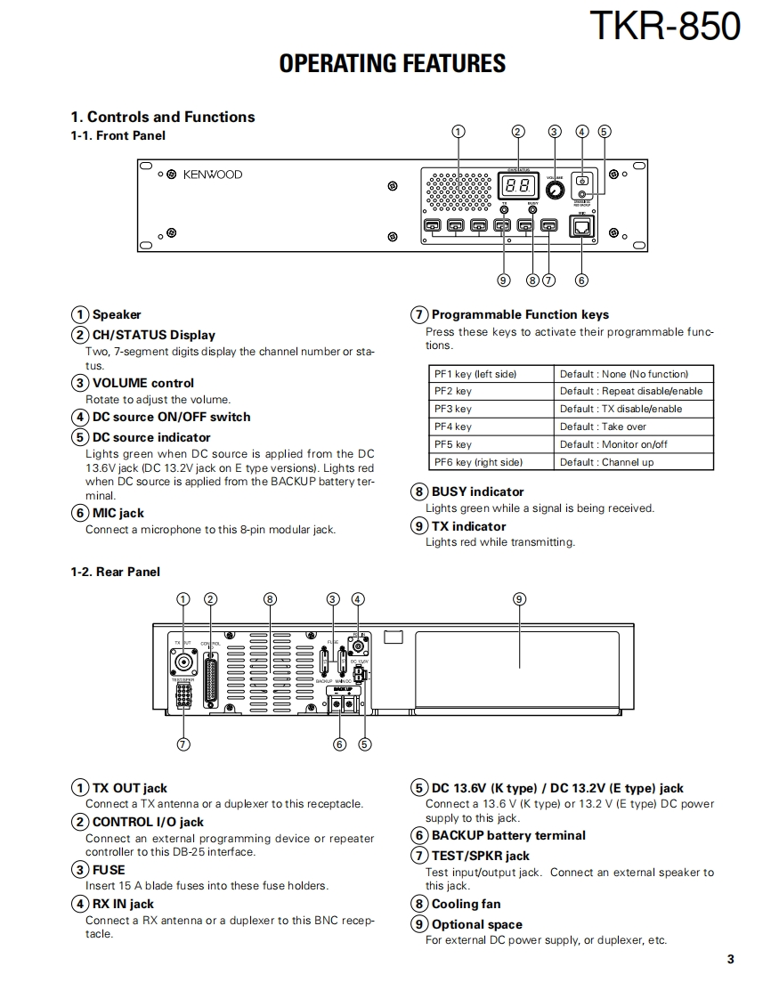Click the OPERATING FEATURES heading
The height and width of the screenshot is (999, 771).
(x=392, y=63)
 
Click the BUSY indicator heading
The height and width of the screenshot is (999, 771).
(x=477, y=491)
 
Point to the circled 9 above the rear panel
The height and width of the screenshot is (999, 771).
(x=519, y=598)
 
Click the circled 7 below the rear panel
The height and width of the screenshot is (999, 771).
(x=183, y=744)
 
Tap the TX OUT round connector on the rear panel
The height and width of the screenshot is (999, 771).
(x=183, y=662)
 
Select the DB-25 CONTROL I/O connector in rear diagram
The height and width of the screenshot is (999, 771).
(x=211, y=682)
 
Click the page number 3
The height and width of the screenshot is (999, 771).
(x=730, y=959)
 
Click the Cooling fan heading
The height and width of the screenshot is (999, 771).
(x=466, y=904)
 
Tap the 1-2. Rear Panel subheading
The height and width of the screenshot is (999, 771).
(x=116, y=572)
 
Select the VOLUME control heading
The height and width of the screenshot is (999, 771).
(x=142, y=383)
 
